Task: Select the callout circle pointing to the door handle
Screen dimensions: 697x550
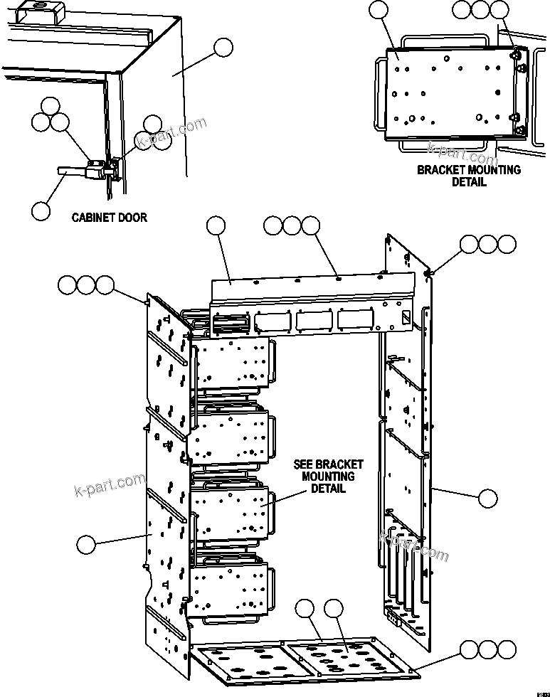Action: [x=41, y=211]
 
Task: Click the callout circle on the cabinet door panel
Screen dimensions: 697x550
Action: [x=223, y=48]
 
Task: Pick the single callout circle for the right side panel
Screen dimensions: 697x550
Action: [x=487, y=499]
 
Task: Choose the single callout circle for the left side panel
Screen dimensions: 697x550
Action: [x=85, y=545]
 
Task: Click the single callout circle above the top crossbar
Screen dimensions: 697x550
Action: [x=216, y=226]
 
